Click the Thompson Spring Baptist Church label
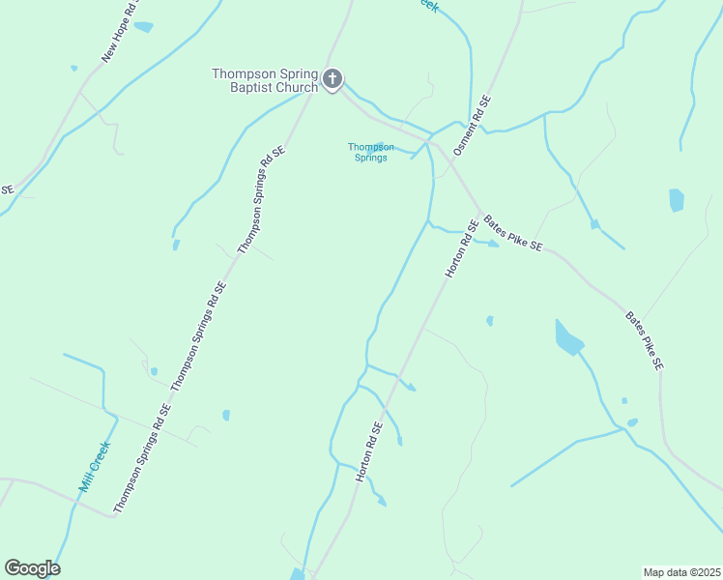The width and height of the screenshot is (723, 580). [x=266, y=80]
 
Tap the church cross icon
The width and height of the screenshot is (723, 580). [x=333, y=79]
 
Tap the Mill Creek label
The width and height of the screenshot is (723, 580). [x=95, y=469]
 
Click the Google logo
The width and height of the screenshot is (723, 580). [x=32, y=568]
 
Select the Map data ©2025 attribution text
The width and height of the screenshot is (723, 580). [x=680, y=572]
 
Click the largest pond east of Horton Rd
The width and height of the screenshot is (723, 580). [x=568, y=336]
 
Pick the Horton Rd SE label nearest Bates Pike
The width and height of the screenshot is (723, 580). [x=461, y=250]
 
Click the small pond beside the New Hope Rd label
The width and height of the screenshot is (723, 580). [x=143, y=27]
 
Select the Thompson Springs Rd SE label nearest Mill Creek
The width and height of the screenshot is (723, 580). [x=142, y=458]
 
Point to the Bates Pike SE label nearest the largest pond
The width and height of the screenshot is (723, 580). [x=644, y=341]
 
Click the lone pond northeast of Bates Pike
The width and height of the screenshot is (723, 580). [x=676, y=200]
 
